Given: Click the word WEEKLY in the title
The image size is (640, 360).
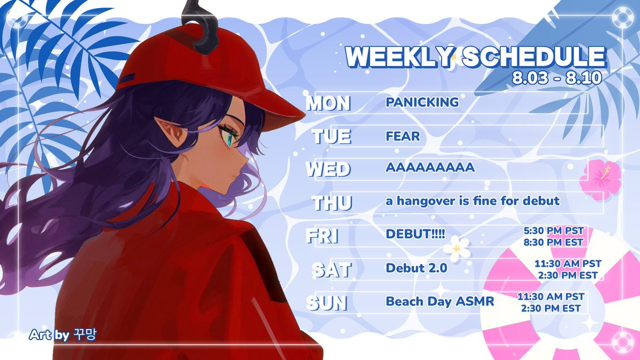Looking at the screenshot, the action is click(x=399, y=57).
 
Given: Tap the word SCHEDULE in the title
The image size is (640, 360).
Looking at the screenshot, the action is click(x=534, y=57).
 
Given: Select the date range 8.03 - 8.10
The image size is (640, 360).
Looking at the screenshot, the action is click(x=557, y=77).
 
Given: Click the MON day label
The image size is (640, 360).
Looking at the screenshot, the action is click(x=329, y=103).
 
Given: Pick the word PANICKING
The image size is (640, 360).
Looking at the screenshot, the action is click(x=422, y=102).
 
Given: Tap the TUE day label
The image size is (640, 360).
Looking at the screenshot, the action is click(x=331, y=137).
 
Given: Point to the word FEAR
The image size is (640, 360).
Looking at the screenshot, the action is click(x=403, y=136).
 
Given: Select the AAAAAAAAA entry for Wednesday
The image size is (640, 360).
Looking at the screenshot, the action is click(x=430, y=167).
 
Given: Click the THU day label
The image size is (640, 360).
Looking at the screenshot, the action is click(x=332, y=203).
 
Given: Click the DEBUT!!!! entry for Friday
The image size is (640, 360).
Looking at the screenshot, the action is click(x=415, y=234).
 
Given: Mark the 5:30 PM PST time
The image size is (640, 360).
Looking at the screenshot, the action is click(x=554, y=230).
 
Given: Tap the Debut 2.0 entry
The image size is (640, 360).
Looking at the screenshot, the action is click(x=417, y=268).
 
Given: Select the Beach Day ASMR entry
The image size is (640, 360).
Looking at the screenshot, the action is click(x=440, y=301).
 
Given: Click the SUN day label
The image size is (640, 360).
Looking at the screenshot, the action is click(x=327, y=303).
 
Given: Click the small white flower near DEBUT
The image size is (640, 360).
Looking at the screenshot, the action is click(x=457, y=249).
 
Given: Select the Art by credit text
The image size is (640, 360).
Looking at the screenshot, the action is click(x=63, y=335).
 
